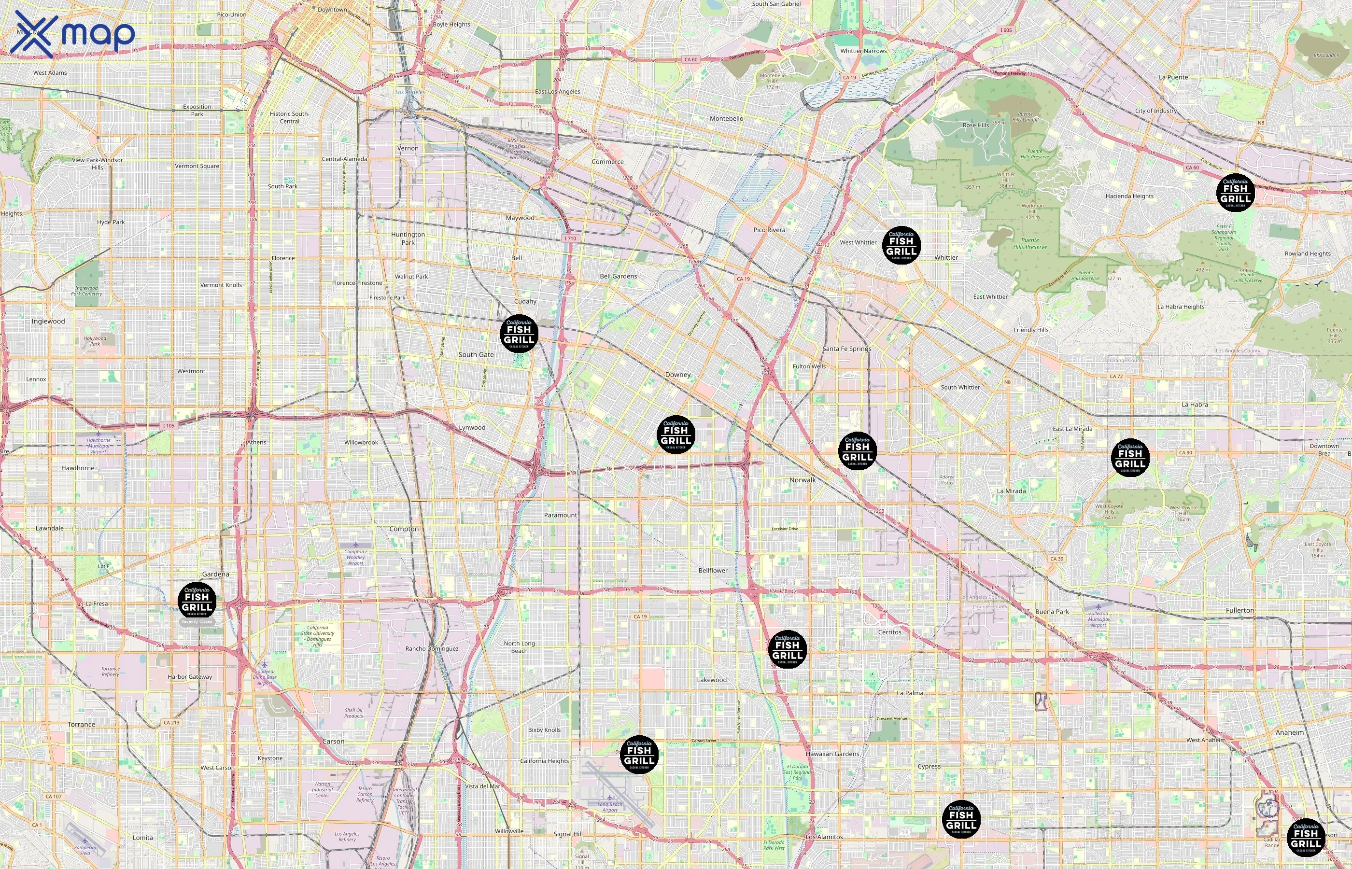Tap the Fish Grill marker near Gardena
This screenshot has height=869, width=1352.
tap(197, 602)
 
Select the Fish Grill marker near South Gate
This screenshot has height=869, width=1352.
tap(519, 334)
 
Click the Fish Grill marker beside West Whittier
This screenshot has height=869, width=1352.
tap(901, 245)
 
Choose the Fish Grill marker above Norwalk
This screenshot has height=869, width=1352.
tap(857, 451)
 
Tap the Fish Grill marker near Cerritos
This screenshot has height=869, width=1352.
tap(787, 649)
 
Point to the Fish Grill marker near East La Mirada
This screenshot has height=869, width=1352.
tap(1130, 458)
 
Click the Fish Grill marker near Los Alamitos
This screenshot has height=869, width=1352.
tap(961, 819)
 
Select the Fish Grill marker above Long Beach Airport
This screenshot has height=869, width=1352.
tap(639, 755)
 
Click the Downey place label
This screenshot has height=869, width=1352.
tap(678, 375)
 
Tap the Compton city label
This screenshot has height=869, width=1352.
tap(404, 529)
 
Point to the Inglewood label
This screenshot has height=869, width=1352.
tap(48, 322)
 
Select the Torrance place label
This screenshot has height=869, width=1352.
tap(81, 725)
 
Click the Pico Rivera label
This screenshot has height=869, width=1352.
tap(769, 230)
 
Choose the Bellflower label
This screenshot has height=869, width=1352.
tap(713, 571)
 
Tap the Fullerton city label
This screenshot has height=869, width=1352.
tap(1239, 611)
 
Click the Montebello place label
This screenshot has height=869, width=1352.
tap(726, 118)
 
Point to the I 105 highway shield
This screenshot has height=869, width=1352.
tap(168, 425)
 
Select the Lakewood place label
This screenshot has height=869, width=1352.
tap(712, 680)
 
